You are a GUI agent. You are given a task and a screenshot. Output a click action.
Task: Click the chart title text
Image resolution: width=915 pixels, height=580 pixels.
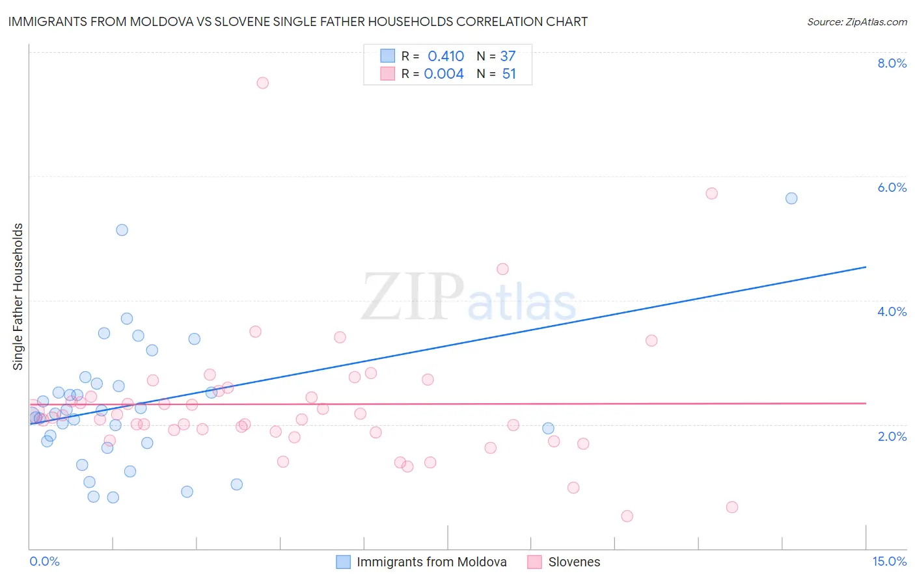(298, 22)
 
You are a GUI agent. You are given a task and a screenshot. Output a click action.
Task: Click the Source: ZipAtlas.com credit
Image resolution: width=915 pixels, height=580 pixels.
(856, 22)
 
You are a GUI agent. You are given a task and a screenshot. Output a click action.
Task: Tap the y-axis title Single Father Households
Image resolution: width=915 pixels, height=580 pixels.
(18, 297)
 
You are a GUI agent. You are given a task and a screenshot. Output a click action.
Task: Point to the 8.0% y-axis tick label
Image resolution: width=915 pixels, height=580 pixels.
(892, 63)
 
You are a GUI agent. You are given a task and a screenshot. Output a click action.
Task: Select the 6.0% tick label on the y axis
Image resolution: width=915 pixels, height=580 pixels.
(892, 187)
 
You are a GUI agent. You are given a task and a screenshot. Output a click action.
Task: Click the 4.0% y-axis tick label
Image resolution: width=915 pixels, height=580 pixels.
(892, 311)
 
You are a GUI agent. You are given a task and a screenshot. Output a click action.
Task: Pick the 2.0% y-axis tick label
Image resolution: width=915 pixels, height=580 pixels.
(892, 436)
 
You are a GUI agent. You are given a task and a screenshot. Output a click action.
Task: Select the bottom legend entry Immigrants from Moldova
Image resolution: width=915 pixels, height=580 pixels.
(431, 562)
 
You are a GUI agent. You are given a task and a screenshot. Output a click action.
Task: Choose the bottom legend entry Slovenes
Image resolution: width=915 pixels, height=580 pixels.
(574, 562)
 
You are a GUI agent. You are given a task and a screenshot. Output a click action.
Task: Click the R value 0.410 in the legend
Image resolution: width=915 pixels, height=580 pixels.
(446, 57)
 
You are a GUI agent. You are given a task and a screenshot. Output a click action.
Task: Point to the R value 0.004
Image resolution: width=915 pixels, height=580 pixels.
(444, 74)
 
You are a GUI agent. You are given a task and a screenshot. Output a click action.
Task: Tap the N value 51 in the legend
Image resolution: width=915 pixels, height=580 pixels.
(509, 74)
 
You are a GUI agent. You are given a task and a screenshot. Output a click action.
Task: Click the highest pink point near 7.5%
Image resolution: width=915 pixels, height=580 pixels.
(262, 83)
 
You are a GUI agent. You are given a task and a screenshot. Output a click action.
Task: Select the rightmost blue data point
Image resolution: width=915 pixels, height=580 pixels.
(791, 198)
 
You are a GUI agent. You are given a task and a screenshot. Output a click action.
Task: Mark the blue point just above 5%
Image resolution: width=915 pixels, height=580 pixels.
(122, 230)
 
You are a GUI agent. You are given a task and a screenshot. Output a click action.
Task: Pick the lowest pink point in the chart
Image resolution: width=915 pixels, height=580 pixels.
(627, 516)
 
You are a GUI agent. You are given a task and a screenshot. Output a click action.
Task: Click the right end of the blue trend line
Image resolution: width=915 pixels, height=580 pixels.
(866, 267)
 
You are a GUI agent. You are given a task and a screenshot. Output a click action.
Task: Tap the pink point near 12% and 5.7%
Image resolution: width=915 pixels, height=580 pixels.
(711, 194)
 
